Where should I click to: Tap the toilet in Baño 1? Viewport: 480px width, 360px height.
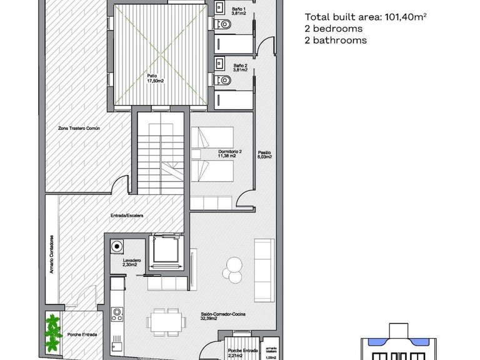click(226, 23)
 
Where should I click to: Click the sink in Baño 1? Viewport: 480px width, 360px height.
click(219, 6)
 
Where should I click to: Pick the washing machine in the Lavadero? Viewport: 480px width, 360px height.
click(116, 247)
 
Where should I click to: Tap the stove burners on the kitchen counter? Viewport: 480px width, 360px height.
click(115, 314)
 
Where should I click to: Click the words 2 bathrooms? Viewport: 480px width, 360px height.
click(336, 40)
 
